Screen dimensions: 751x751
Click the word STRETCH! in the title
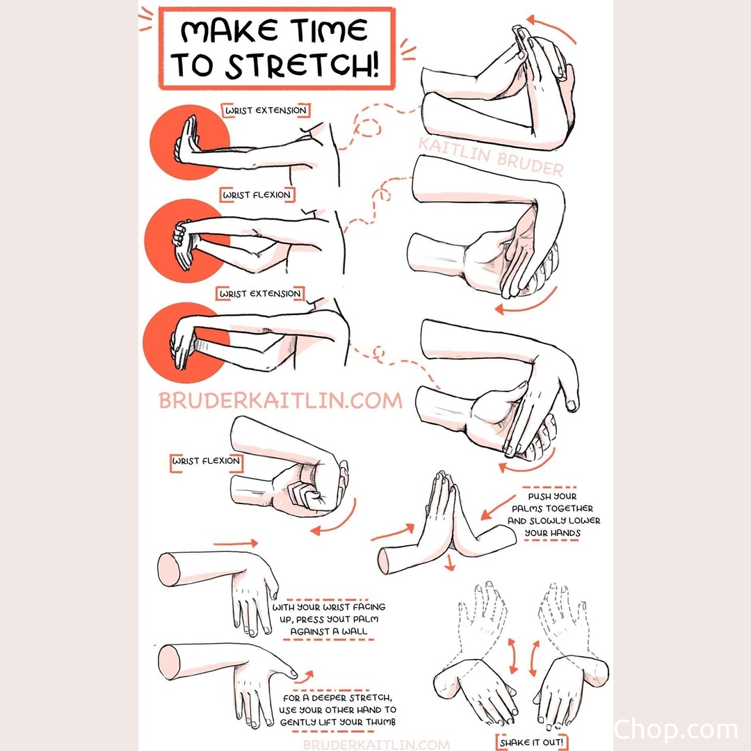[302, 65]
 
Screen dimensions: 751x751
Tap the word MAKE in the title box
[229, 31]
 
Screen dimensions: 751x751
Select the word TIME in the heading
[330, 30]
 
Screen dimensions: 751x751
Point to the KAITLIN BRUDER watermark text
[491, 156]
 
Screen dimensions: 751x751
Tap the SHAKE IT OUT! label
[532, 743]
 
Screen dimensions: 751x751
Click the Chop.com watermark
[676, 730]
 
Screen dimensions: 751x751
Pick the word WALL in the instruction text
[355, 631]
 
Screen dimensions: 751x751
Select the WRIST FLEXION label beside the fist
[207, 461]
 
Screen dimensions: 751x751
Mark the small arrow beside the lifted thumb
[305, 677]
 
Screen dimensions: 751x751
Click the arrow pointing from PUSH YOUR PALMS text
[498, 508]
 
